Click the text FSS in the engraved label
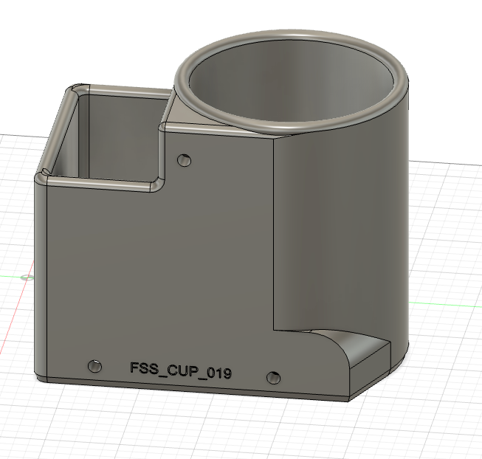coord(145,369)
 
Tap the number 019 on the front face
coord(220,373)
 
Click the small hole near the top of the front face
coord(183,159)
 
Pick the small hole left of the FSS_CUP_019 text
coord(94,366)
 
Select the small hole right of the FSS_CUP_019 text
coord(274,377)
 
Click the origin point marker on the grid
coord(27,277)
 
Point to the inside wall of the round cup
coord(295,89)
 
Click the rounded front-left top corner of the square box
coord(43,177)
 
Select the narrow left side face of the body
coord(38,280)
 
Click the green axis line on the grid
coord(11,277)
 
